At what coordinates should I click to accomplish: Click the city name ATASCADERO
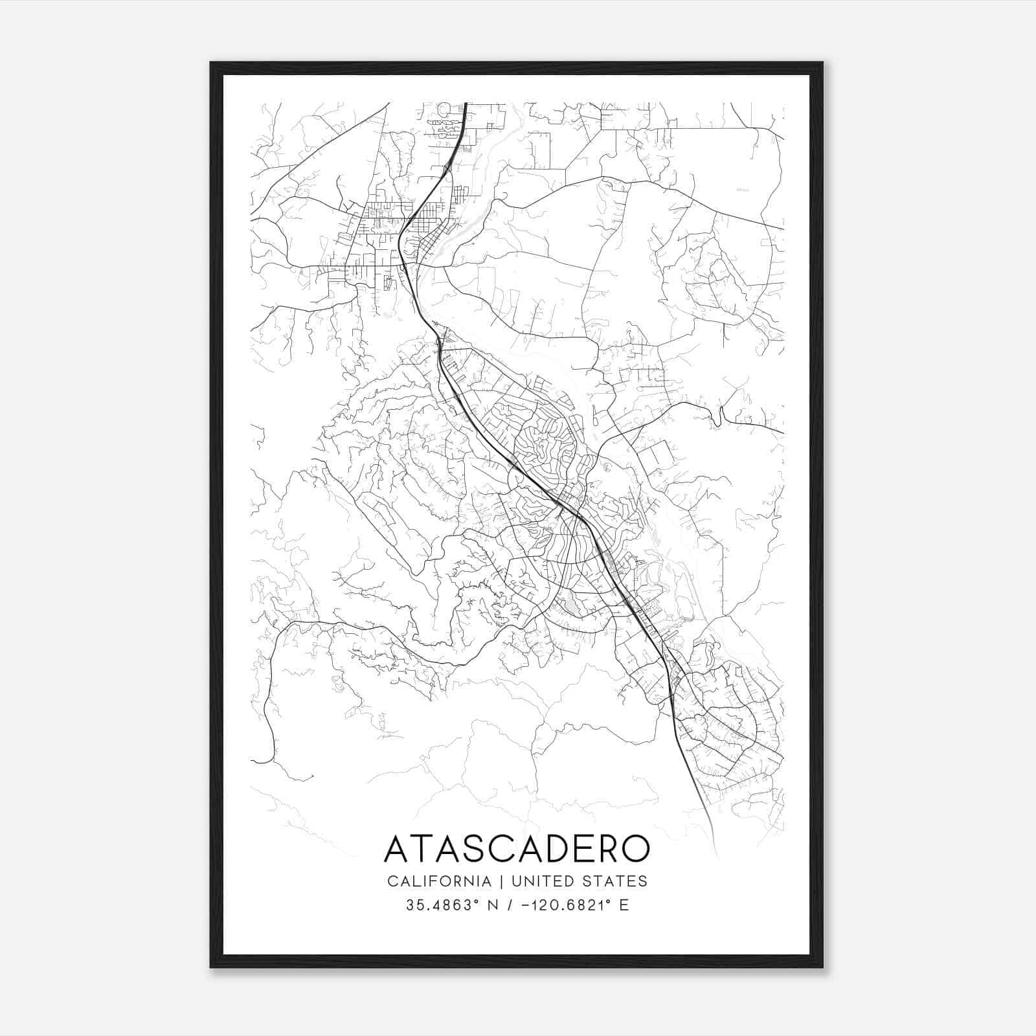pyautogui.click(x=517, y=849)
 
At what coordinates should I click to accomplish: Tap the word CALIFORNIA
pyautogui.click(x=438, y=881)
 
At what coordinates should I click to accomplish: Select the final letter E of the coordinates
pyautogui.click(x=624, y=905)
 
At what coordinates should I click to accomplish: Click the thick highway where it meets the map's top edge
pyautogui.click(x=466, y=104)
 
